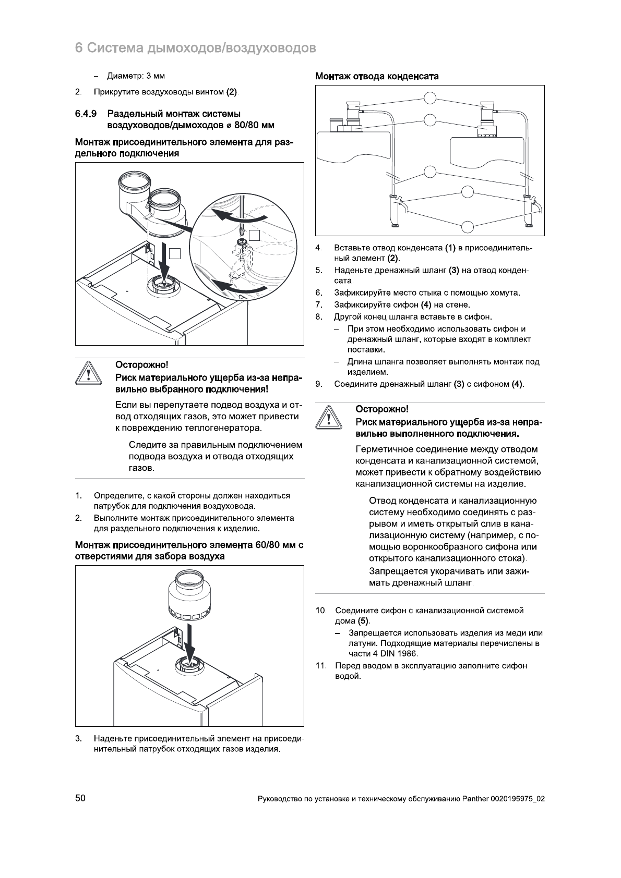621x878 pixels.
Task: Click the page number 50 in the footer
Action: pyautogui.click(x=80, y=798)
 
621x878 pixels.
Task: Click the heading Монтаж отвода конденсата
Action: pyautogui.click(x=377, y=76)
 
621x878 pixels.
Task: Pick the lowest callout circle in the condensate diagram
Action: pyautogui.click(x=468, y=226)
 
